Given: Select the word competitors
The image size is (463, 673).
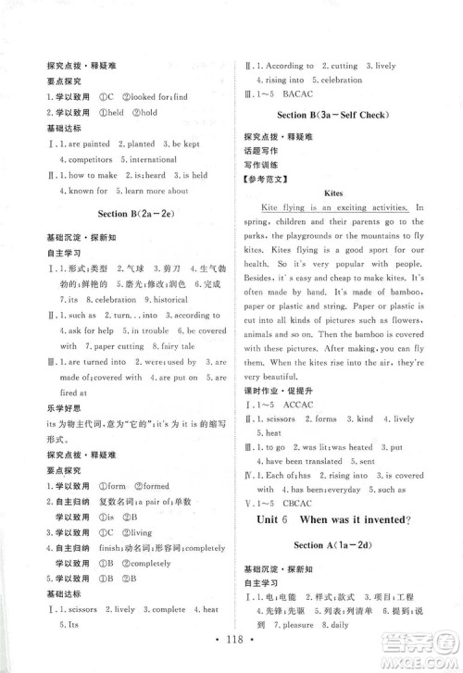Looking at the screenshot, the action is (78, 159).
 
